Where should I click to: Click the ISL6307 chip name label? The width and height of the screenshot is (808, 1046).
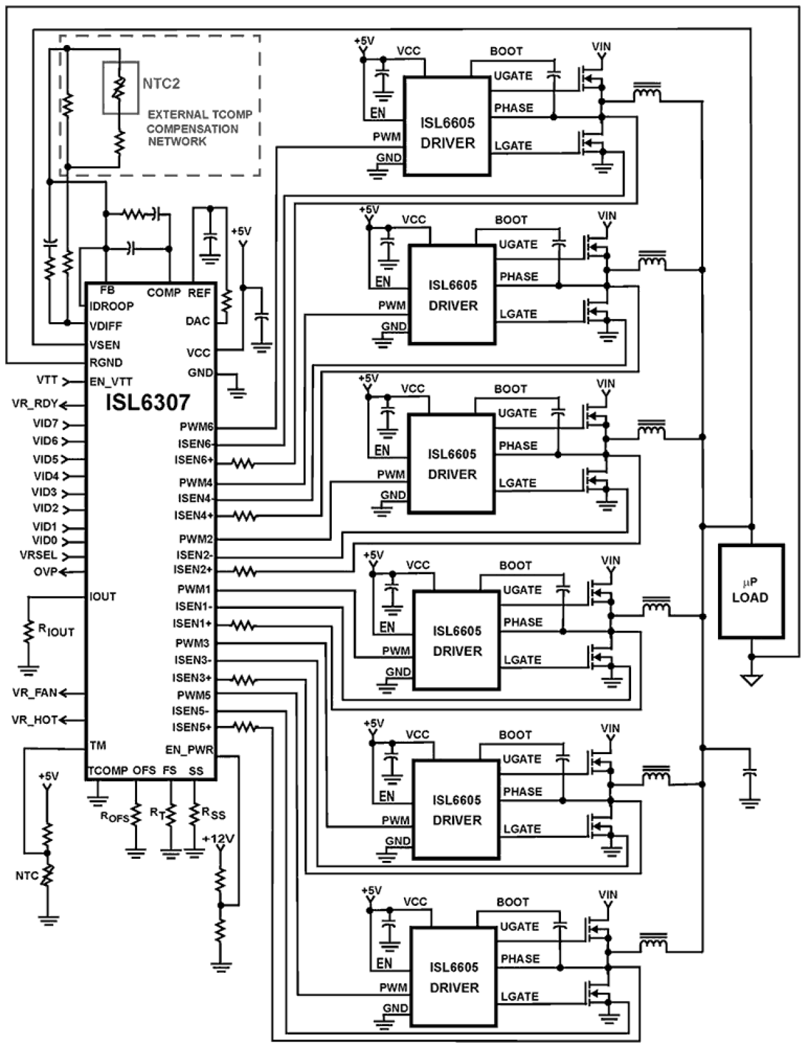(149, 403)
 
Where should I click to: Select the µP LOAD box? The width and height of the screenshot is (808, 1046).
(750, 591)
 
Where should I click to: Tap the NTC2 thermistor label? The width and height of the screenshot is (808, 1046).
(161, 84)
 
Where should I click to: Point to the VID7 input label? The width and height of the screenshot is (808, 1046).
(46, 424)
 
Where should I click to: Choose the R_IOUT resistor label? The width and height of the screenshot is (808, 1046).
(57, 631)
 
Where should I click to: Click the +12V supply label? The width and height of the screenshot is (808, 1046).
(218, 839)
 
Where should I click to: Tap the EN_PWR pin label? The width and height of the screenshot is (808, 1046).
(189, 750)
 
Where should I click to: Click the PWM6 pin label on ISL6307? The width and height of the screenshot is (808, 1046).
(196, 427)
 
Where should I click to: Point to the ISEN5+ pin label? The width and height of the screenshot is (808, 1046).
(192, 727)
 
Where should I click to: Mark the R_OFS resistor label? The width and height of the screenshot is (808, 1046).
(115, 816)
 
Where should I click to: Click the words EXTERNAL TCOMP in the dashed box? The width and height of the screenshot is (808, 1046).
(199, 115)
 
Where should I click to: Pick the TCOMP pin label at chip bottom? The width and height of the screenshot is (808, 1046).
(107, 770)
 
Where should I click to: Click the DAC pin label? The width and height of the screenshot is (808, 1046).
(197, 321)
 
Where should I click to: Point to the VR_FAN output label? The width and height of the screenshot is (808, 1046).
(35, 692)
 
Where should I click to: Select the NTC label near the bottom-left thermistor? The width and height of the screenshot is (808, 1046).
(27, 876)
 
